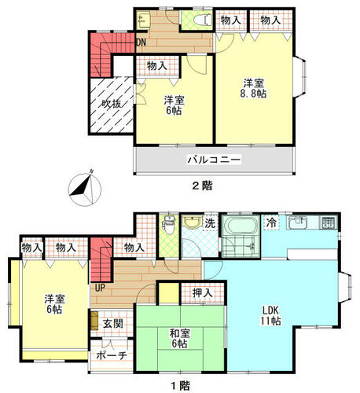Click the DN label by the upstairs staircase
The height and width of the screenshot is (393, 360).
[141, 42]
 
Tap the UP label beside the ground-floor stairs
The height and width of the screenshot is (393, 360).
[100, 288]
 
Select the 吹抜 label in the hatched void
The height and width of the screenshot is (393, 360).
[112, 104]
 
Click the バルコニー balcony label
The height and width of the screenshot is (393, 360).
[214, 160]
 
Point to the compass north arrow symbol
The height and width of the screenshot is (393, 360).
[84, 189]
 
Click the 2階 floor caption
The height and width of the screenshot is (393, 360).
[202, 185]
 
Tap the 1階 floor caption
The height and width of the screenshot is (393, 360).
[180, 385]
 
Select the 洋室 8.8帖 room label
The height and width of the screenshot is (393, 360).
[253, 88]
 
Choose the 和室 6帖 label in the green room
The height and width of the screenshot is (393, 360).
[179, 338]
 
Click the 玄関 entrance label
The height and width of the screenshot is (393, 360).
[112, 324]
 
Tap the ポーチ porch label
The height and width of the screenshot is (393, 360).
[112, 355]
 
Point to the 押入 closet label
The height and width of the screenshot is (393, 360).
[202, 292]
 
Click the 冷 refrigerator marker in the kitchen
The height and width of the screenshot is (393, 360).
[271, 222]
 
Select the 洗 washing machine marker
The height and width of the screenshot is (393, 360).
[210, 223]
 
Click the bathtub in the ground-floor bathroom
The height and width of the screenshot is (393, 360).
[241, 226]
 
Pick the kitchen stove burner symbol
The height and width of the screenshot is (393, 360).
[327, 222]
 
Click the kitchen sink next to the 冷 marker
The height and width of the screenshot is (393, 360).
[296, 222]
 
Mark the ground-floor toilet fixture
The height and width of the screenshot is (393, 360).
[169, 226]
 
